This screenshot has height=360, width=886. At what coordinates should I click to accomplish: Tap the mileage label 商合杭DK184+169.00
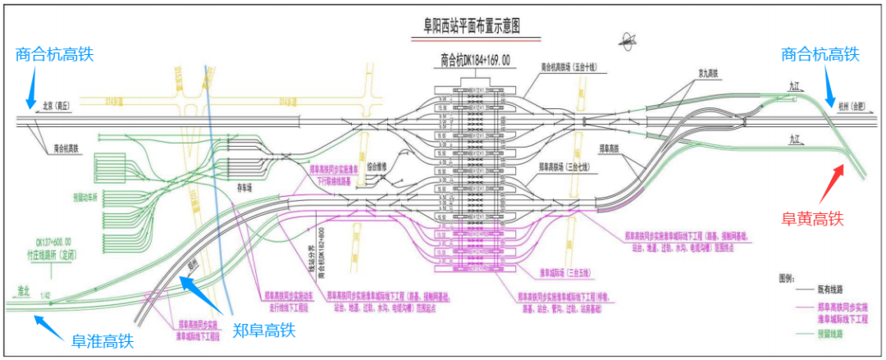[475, 60]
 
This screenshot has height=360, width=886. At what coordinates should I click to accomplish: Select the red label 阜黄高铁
[811, 218]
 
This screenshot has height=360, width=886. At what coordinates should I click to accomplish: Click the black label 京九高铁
[708, 73]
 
